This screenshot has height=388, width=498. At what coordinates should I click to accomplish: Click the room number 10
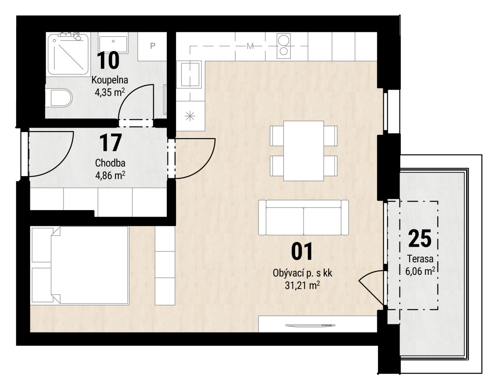click(x=108, y=60)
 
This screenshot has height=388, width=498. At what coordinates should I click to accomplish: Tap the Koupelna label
click(x=110, y=80)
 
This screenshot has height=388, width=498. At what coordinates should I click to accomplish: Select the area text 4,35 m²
click(x=110, y=92)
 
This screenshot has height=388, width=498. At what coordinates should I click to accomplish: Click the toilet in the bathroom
click(x=59, y=97)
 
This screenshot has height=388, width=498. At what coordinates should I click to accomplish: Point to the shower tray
click(x=68, y=54)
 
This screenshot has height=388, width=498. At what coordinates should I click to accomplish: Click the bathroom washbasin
click(x=113, y=44)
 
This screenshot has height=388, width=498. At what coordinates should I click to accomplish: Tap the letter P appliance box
click(x=152, y=46)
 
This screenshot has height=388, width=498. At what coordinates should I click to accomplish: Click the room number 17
click(x=111, y=143)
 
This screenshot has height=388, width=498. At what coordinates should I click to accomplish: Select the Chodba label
click(x=110, y=163)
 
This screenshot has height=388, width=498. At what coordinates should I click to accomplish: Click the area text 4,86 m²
click(x=110, y=176)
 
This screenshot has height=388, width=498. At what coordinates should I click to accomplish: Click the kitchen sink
click(x=190, y=74)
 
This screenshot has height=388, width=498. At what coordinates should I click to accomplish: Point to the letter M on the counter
click(x=250, y=46)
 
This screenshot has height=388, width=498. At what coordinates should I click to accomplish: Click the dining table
click(x=303, y=151)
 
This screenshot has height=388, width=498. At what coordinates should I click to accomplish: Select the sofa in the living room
click(x=303, y=218)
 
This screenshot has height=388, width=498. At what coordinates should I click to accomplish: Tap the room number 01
click(x=302, y=252)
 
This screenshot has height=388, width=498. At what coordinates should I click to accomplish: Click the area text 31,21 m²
click(x=303, y=286)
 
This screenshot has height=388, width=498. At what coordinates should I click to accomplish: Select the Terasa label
click(x=420, y=259)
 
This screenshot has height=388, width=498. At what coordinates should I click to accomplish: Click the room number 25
click(x=420, y=238)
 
